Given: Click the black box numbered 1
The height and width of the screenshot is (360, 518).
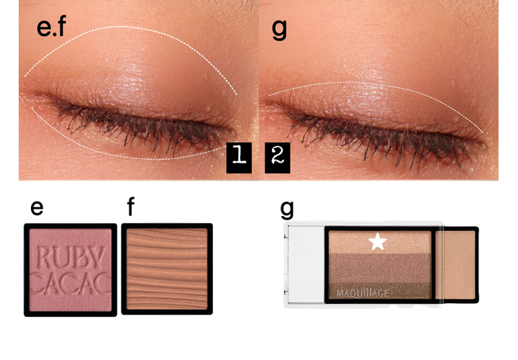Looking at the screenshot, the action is tap(239, 158).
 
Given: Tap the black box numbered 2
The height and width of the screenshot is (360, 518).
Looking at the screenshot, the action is tap(278, 158).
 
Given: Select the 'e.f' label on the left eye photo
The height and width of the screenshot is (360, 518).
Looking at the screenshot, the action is tap(52, 27).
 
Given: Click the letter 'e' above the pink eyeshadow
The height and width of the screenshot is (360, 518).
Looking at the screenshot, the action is tap(37, 208).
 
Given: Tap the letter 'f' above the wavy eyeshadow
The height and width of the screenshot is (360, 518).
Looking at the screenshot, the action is tap(131, 207).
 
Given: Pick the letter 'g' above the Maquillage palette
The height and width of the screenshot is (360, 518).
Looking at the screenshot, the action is tap(287, 210).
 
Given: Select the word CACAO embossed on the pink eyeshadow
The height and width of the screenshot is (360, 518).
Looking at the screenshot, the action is tap(71, 283).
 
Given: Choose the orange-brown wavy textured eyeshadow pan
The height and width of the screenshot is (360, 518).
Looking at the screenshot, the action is tap(167, 269).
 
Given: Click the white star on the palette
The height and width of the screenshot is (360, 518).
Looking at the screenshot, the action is tap(378, 241).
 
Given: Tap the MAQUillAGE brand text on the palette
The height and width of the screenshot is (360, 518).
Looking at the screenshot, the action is tap(363, 293).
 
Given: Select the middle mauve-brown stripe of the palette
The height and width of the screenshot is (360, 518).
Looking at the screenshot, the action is tap(380, 268).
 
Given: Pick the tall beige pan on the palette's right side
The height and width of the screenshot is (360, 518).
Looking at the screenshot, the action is tap(455, 264).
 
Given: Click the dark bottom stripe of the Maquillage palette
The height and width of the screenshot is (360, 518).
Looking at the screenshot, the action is tap(380, 291).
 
